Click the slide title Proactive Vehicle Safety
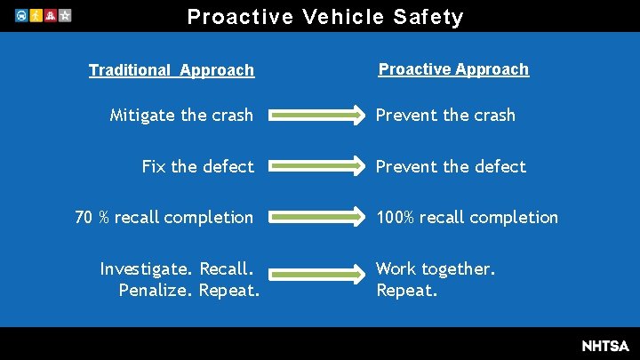[325, 17]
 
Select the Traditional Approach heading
[172, 70]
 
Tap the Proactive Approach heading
[453, 69]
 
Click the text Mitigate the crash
[181, 115]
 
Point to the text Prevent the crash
[445, 115]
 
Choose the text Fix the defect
[198, 166]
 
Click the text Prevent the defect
[451, 166]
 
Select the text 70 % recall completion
[164, 217]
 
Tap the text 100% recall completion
[468, 217]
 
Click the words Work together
[436, 268]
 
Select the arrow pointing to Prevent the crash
[316, 115]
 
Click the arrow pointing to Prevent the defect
[316, 166]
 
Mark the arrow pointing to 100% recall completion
[316, 217]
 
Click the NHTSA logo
[604, 345]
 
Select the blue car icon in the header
[20, 16]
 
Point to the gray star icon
[65, 16]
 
